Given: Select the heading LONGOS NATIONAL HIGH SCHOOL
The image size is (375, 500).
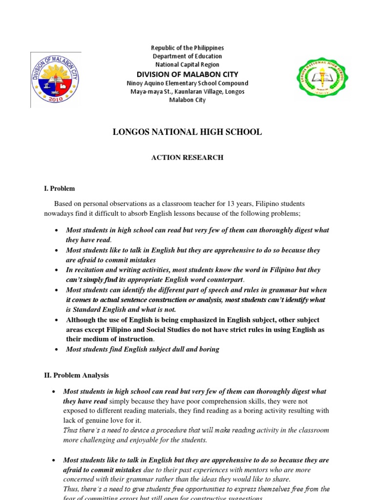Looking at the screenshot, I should coord(187,132).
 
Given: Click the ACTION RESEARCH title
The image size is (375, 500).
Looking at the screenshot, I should coord(187,158).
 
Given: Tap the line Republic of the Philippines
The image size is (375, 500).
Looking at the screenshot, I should coord(187,48).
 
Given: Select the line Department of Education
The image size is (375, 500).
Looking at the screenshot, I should coord(187,56).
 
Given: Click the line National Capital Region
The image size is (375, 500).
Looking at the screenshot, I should coord(187,64).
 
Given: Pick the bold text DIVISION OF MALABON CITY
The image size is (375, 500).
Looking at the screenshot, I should coord(187,74).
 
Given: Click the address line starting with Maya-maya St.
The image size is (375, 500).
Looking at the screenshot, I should coord(187,92).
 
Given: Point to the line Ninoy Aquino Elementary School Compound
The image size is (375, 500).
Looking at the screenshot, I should coord(187,83).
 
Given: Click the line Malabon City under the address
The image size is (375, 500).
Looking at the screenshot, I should coord(187,100).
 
